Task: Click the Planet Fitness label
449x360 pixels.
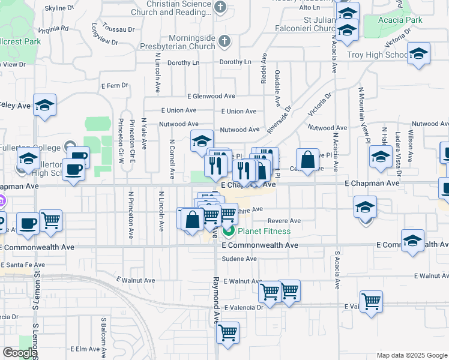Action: click(x=264, y=231)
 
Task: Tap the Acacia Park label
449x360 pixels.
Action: click(x=400, y=20)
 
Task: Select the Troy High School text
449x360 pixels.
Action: click(x=378, y=55)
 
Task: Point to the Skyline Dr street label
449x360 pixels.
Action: click(x=59, y=8)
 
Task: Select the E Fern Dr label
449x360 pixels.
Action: click(x=115, y=85)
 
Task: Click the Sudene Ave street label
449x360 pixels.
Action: click(x=240, y=259)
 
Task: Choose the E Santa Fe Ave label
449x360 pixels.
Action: click(x=23, y=265)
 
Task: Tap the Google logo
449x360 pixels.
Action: click(x=19, y=353)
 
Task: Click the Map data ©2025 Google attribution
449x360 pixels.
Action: click(x=412, y=355)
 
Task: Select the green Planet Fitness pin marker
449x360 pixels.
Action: click(x=229, y=230)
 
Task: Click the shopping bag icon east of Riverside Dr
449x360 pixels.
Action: click(x=307, y=160)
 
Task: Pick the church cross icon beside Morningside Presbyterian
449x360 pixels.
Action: click(x=224, y=41)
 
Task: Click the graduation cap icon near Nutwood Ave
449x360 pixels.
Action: click(x=202, y=141)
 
